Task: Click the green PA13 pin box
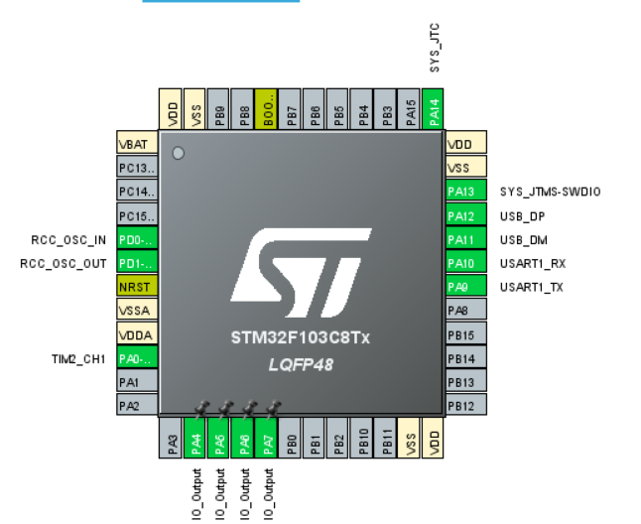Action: click(x=463, y=192)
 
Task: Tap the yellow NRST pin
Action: click(x=136, y=287)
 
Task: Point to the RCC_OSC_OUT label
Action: click(x=64, y=263)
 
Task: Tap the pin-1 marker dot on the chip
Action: click(x=179, y=153)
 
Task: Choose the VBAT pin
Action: click(x=136, y=144)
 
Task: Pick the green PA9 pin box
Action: click(x=463, y=287)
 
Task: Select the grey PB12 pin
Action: click(x=463, y=405)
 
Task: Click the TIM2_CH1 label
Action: click(x=78, y=358)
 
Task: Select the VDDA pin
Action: click(x=136, y=334)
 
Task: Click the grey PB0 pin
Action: click(x=291, y=438)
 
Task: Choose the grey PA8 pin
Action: click(x=463, y=311)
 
